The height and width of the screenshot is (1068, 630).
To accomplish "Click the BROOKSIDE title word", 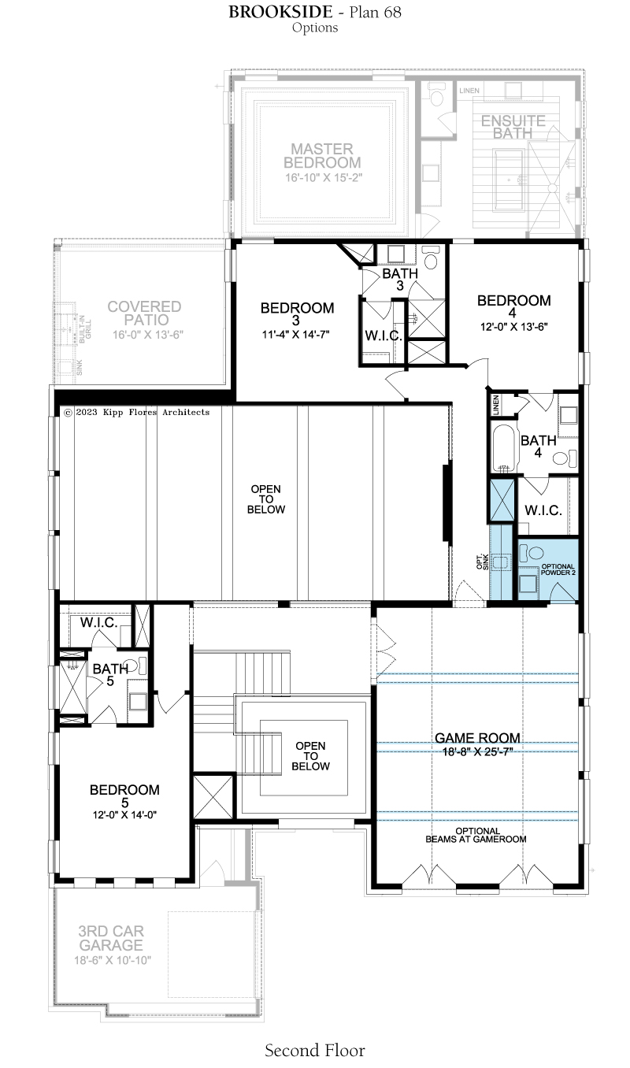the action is [280, 12].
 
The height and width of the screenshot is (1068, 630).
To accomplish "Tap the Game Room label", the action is [477, 737].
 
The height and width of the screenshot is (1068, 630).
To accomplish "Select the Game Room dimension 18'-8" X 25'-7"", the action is [476, 751].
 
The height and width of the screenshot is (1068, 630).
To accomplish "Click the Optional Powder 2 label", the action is [558, 569].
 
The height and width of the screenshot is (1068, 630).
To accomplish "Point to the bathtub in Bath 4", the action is [504, 447].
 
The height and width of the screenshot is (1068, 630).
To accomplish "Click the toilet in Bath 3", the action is [430, 258].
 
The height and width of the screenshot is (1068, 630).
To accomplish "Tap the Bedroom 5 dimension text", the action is [125, 815].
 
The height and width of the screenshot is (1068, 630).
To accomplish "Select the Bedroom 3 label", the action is [297, 313].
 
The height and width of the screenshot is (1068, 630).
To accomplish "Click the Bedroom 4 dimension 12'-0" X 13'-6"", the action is [513, 327].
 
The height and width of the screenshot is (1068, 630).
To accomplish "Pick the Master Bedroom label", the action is [322, 155].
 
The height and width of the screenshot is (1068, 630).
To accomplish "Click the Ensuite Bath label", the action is [513, 127].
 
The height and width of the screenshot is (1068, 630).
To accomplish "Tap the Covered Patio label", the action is [144, 313].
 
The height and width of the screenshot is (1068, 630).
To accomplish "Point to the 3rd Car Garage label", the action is [111, 938].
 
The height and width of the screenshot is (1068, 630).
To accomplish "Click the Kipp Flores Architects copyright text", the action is [137, 412].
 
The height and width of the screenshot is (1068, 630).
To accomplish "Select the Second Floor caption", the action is [315, 1051].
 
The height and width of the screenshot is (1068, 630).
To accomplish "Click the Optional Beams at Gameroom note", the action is [476, 836].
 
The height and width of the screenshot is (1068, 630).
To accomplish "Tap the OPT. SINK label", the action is [482, 562].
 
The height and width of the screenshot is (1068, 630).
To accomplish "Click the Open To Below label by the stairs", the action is [311, 755].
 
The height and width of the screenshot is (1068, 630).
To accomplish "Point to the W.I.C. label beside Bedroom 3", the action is [384, 336].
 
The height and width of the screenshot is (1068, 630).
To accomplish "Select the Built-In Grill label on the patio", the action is [85, 328].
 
